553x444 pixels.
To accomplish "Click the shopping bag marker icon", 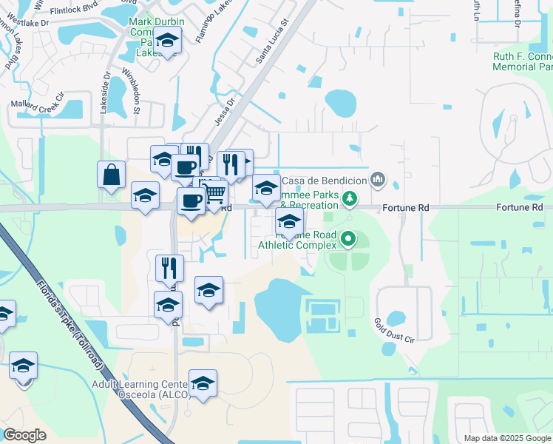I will (111, 175).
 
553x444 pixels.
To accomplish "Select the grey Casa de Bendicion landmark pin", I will (379, 178).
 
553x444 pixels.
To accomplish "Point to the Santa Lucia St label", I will (271, 47).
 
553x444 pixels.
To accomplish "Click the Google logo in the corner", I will (25, 434).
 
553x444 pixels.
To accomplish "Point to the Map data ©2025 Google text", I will (507, 438).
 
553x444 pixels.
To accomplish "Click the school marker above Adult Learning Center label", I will (202, 383).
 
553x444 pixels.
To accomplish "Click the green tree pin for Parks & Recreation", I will (351, 198).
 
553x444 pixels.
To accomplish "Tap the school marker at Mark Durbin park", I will (169, 41).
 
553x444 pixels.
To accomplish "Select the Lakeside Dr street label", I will (105, 92).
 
